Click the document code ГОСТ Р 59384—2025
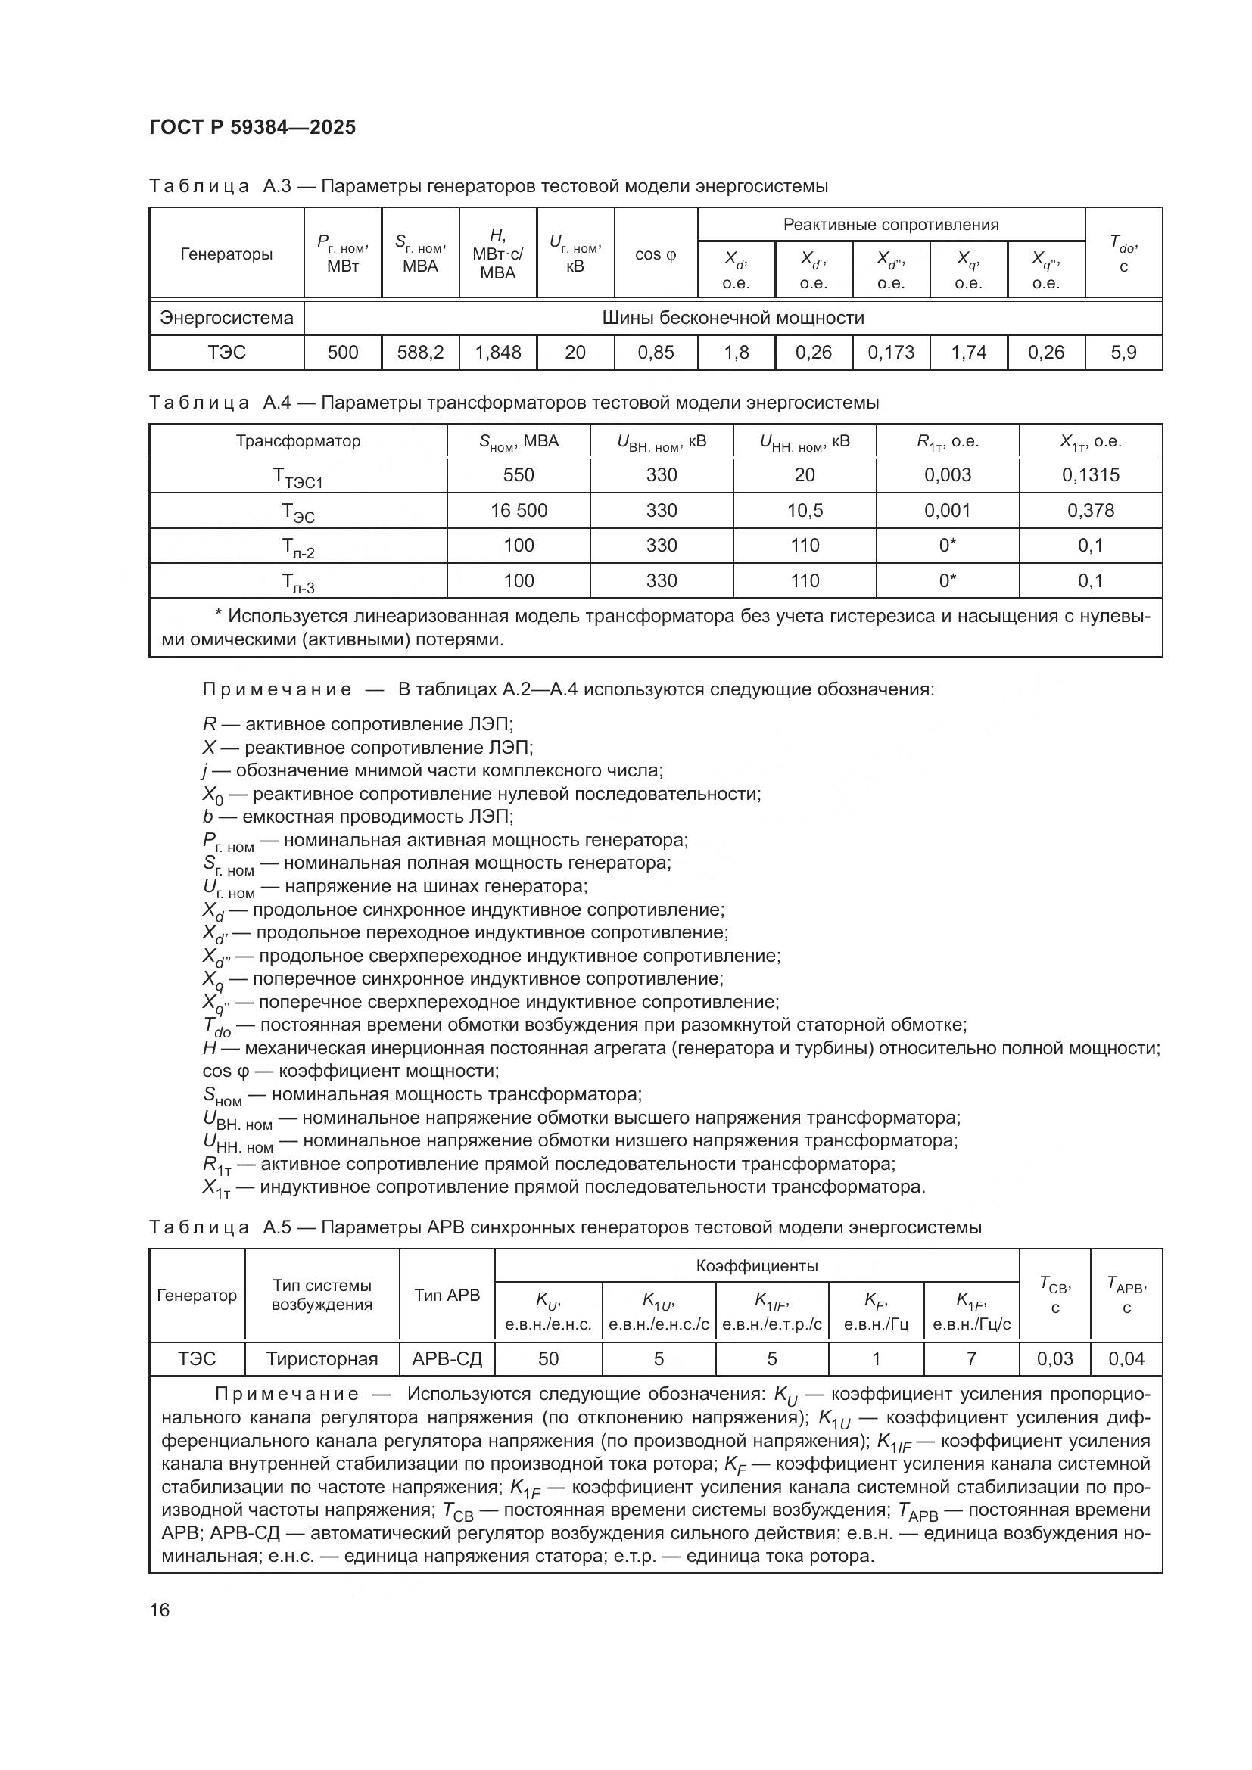(252, 127)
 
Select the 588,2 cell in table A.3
(420, 353)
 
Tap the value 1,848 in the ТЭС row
(497, 353)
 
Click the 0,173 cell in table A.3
(890, 353)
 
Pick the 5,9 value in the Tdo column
(1123, 353)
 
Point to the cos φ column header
(656, 254)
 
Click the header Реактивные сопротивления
(890, 224)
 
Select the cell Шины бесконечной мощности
(733, 318)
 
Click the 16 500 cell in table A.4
(518, 510)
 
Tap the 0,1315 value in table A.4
(1090, 475)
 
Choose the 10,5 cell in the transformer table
(804, 510)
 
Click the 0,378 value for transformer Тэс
(1090, 510)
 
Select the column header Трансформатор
(297, 441)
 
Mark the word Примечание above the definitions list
(277, 689)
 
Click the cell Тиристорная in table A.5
(322, 1358)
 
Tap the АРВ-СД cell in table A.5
(447, 1358)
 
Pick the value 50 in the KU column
(548, 1358)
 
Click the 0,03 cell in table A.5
(1054, 1358)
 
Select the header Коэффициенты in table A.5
(756, 1265)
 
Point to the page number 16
(160, 1610)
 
